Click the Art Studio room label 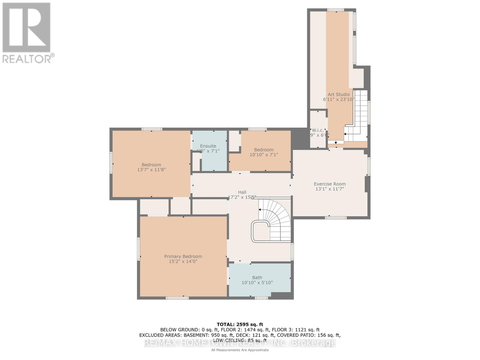[x=338, y=94]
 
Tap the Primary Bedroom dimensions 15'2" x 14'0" [x=183, y=262]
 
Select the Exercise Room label [x=330, y=184]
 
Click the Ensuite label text [x=208, y=146]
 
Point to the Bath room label [x=257, y=277]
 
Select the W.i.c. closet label [x=318, y=130]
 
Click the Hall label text [x=242, y=192]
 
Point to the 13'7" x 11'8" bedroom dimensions [x=151, y=170]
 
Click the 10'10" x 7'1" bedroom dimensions [x=264, y=155]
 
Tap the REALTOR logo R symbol [x=26, y=28]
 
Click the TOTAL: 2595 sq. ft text [x=240, y=324]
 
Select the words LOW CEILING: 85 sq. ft [x=240, y=340]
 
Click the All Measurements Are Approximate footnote [x=240, y=350]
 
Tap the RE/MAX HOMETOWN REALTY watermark [x=240, y=343]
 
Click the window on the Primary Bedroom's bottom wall [x=177, y=298]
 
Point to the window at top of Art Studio [x=336, y=10]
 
